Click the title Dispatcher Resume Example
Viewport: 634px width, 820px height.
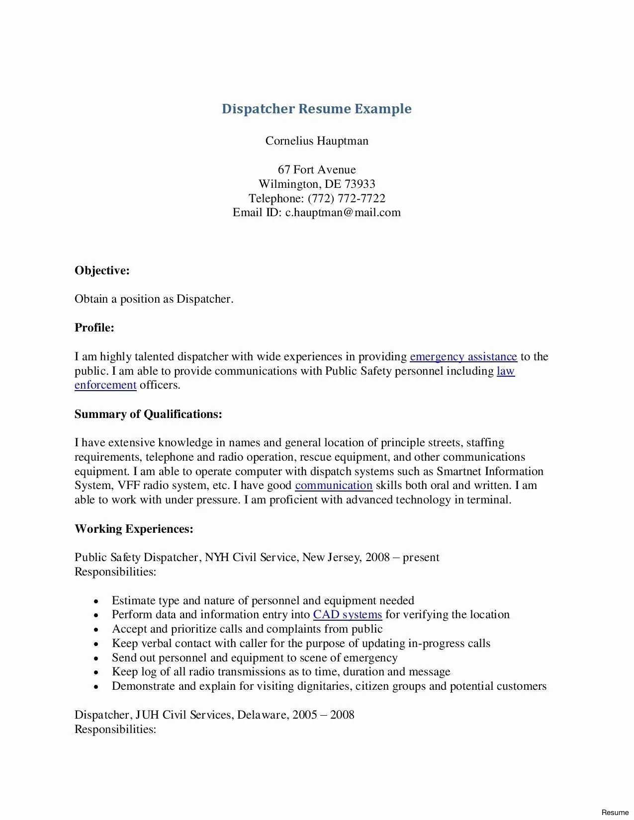[x=317, y=109]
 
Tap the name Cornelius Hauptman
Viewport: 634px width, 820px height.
[x=317, y=141]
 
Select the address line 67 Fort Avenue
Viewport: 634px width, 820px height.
[x=317, y=170]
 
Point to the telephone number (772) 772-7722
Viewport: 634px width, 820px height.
[x=347, y=199]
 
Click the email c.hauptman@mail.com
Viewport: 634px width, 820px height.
[x=343, y=213]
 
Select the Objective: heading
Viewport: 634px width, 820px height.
[x=102, y=271]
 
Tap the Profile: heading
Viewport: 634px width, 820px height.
[x=94, y=328]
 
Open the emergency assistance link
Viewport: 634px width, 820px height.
[x=463, y=357]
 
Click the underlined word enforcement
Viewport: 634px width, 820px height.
[x=105, y=385]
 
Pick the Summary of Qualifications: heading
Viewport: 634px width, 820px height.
[x=148, y=414]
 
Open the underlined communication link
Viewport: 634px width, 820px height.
[x=334, y=486]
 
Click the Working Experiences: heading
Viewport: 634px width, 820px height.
[x=134, y=529]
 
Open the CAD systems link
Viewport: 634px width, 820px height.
[x=348, y=615]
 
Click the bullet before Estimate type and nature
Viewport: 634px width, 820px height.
[x=96, y=601]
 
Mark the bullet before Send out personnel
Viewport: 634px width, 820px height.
[x=96, y=658]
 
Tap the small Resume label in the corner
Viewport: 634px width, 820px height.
[x=615, y=813]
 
